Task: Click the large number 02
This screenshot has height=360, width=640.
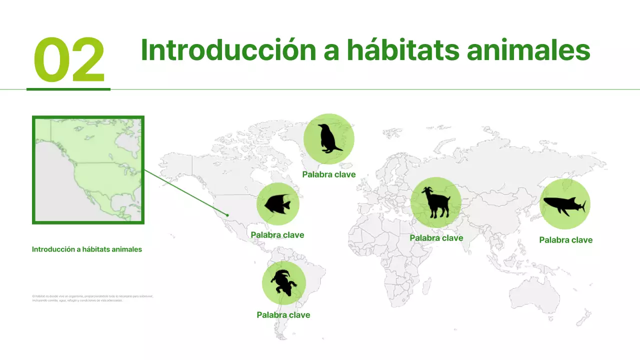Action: pyautogui.click(x=69, y=60)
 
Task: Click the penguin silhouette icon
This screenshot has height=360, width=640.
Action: pyautogui.click(x=328, y=138)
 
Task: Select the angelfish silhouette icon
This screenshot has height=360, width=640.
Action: pyautogui.click(x=277, y=204)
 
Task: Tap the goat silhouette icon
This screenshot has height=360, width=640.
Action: pyautogui.click(x=435, y=202)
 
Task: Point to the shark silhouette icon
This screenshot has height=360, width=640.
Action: pyautogui.click(x=564, y=204)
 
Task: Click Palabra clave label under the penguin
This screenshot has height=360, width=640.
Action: pyautogui.click(x=328, y=174)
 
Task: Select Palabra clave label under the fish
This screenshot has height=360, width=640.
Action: pyautogui.click(x=277, y=235)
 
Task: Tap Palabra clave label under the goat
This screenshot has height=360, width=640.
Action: pyautogui.click(x=436, y=238)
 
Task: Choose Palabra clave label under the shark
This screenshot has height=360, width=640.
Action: pyautogui.click(x=565, y=240)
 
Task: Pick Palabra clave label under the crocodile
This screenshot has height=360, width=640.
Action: pyautogui.click(x=283, y=315)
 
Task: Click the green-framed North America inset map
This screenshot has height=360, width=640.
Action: pyautogui.click(x=88, y=170)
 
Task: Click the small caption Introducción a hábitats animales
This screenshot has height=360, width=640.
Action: pyautogui.click(x=87, y=249)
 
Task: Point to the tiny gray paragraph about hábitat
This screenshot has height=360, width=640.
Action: pyautogui.click(x=92, y=298)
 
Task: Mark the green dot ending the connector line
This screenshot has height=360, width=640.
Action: pyautogui.click(x=227, y=215)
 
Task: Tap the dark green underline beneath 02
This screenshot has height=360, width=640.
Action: pyautogui.click(x=68, y=89)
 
